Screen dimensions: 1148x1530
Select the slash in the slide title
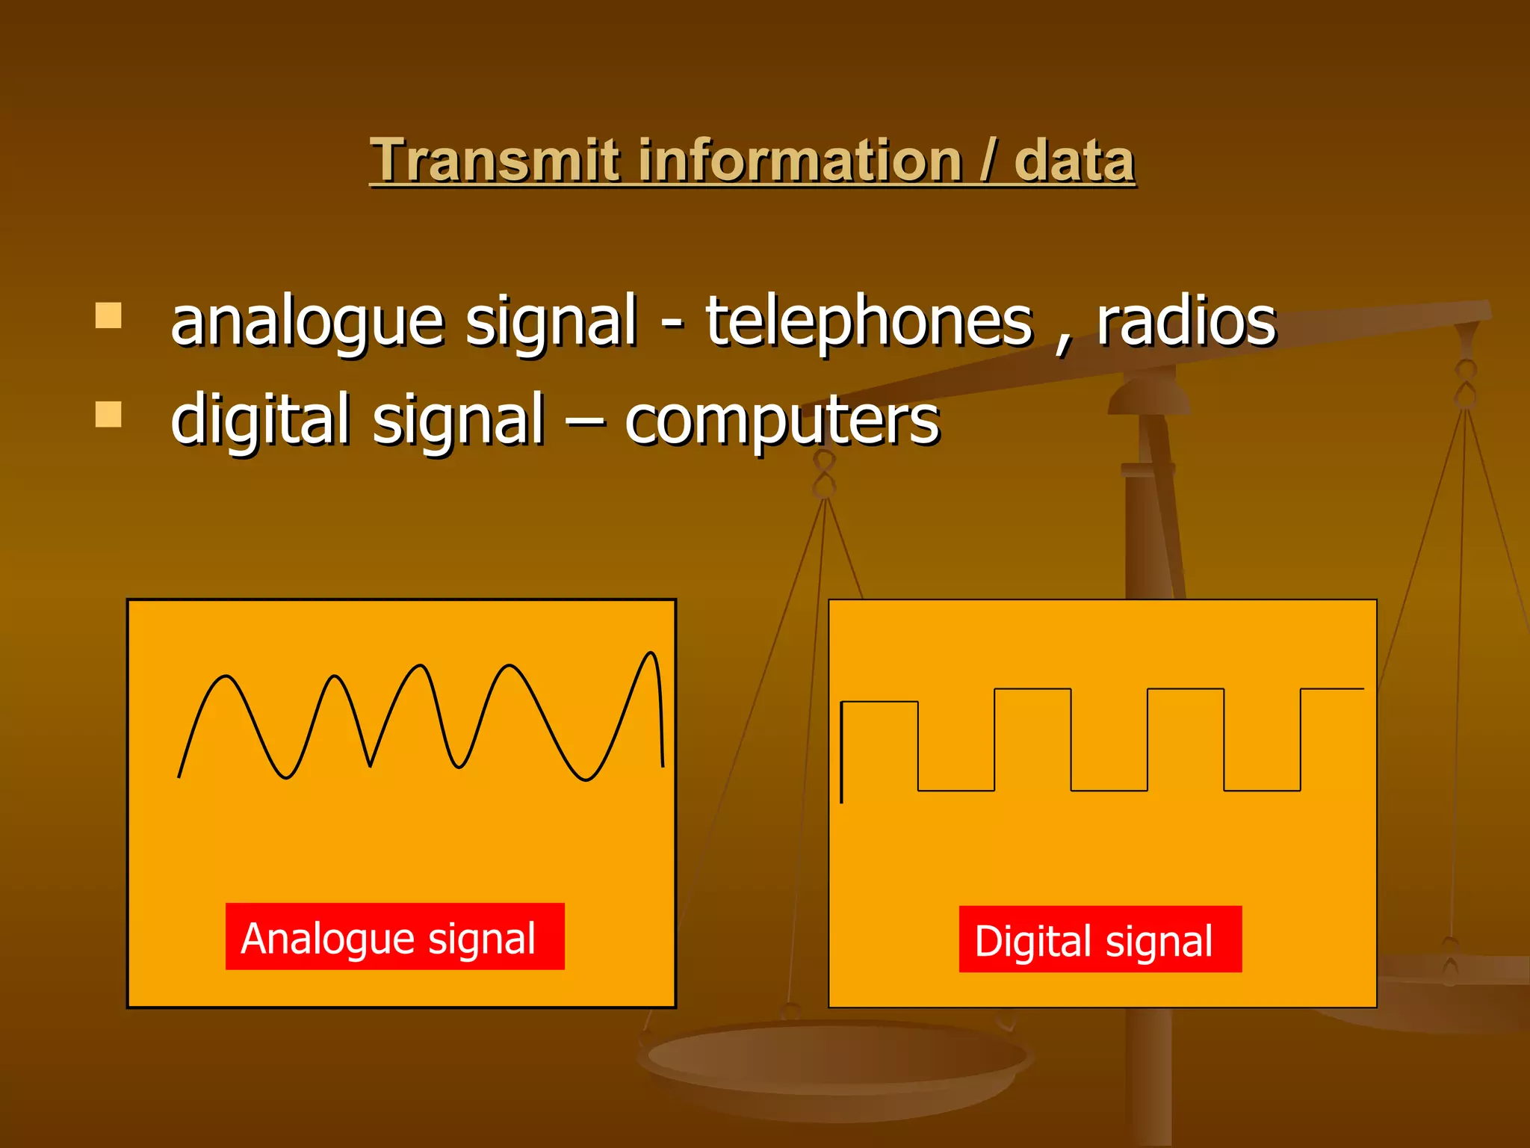click(x=988, y=161)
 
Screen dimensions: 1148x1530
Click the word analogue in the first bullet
click(x=308, y=323)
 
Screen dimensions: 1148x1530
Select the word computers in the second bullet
click(x=781, y=421)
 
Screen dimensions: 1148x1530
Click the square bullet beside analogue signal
click(x=109, y=315)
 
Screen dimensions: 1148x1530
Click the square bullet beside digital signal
click(x=109, y=414)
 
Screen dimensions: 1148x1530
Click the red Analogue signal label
click(x=394, y=936)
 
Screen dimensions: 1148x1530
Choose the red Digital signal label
click(x=1100, y=939)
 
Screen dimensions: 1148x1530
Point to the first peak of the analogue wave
click(x=226, y=677)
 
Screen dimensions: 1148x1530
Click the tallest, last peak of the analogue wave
click(x=651, y=654)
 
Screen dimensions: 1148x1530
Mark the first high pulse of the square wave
click(x=879, y=703)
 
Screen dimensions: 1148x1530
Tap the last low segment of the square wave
click(x=1262, y=789)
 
